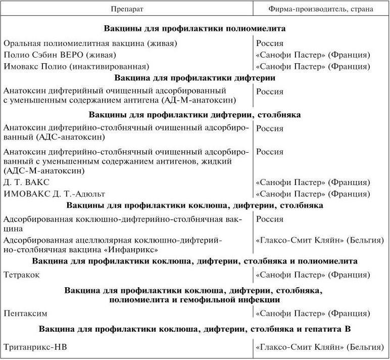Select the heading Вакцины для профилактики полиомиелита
point(195,28)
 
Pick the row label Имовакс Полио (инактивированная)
point(75,66)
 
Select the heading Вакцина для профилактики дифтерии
point(195,78)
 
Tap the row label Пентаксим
point(24,313)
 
